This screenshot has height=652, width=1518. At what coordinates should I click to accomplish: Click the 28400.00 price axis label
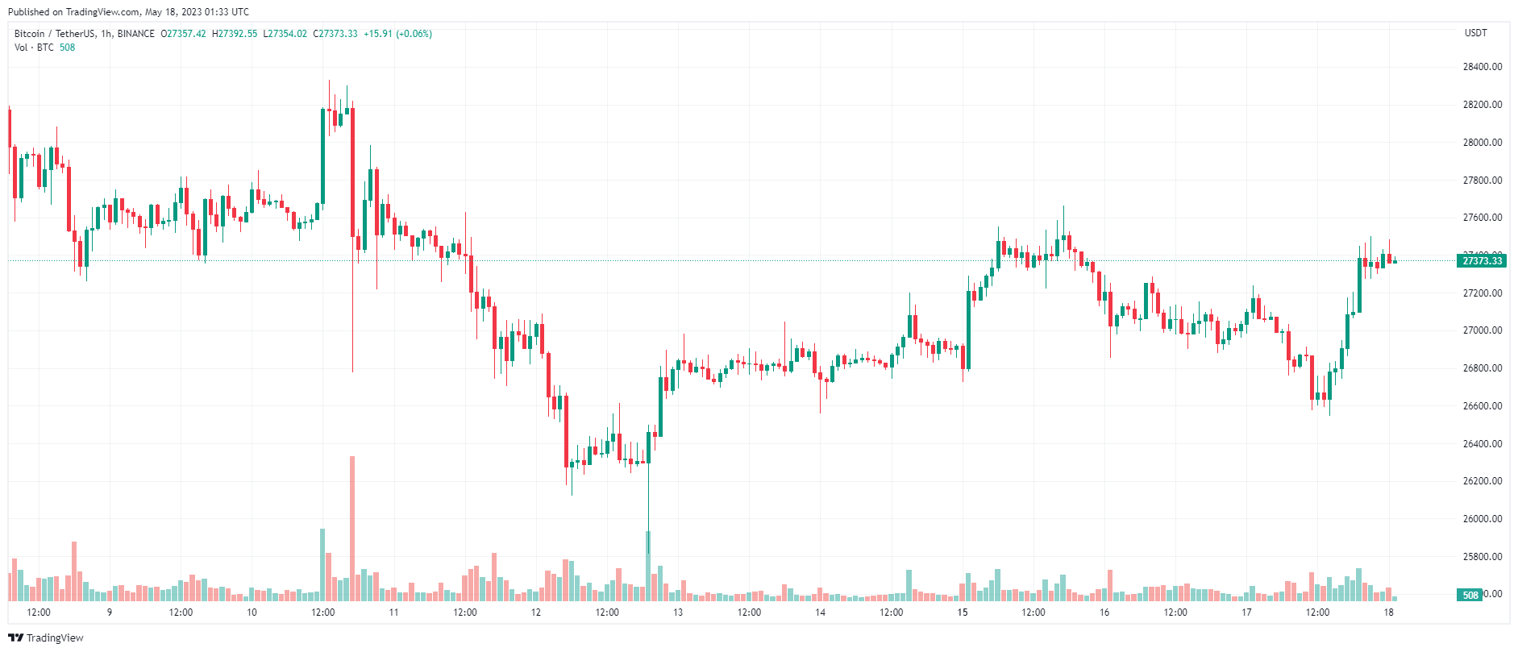click(1482, 67)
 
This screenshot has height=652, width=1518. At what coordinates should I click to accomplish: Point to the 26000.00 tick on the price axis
click(1482, 519)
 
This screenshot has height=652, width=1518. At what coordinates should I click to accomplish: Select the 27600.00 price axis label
click(1482, 218)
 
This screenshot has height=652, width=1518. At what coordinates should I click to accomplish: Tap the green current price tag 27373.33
click(1482, 261)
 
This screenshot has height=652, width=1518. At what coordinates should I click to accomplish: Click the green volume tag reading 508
click(1470, 596)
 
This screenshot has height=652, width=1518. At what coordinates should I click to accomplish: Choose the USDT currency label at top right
click(1475, 33)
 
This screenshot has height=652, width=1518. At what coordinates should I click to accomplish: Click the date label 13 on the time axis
click(678, 613)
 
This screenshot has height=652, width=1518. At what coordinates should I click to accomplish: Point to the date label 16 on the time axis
click(1104, 613)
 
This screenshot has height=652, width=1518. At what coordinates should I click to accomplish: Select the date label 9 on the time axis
click(110, 613)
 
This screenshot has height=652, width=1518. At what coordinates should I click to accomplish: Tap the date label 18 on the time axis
click(1388, 613)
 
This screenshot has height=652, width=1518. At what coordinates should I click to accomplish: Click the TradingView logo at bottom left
click(46, 637)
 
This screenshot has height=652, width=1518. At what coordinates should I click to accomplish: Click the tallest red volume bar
click(352, 528)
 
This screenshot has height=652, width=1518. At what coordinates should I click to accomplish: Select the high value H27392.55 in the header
click(235, 34)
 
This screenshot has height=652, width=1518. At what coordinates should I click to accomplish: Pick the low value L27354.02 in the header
click(285, 34)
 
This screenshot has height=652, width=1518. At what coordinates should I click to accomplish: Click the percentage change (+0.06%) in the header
click(414, 34)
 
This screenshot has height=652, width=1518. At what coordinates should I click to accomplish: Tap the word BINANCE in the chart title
click(135, 34)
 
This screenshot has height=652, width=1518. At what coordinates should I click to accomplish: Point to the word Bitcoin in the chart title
click(30, 34)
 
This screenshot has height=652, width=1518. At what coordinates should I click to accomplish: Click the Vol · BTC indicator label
click(34, 48)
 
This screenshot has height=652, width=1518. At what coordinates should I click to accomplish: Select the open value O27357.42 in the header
click(183, 34)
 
